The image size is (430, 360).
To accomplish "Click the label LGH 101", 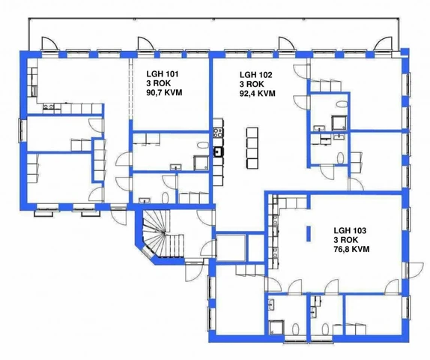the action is pyautogui.click(x=163, y=73).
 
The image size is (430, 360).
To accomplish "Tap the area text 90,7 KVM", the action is pyautogui.click(x=164, y=92).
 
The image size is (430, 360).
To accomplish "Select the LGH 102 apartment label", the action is pyautogui.click(x=256, y=75).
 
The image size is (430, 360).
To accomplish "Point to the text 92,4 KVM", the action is pyautogui.click(x=258, y=93).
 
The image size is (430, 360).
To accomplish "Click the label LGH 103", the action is pyautogui.click(x=350, y=230).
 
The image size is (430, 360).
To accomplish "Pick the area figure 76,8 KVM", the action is pyautogui.click(x=351, y=249).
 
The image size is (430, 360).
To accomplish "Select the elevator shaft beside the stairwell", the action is pyautogui.click(x=231, y=247).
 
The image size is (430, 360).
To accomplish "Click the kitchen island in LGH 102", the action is pyautogui.click(x=252, y=148).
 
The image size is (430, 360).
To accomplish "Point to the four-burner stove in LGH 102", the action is pyautogui.click(x=218, y=133).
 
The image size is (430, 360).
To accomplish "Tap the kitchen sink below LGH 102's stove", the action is pyautogui.click(x=218, y=151).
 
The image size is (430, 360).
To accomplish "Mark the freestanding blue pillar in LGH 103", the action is pyautogui.click(x=309, y=234).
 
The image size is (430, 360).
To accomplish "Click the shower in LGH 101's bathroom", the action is pyautogui.click(x=201, y=163).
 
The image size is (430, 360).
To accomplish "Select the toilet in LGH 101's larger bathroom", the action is pyautogui.click(x=203, y=145).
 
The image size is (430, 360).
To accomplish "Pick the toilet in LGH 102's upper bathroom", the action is pyautogui.click(x=342, y=104).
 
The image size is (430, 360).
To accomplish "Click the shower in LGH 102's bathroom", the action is pyautogui.click(x=339, y=122).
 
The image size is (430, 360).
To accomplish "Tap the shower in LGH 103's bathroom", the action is pyautogui.click(x=276, y=327).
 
